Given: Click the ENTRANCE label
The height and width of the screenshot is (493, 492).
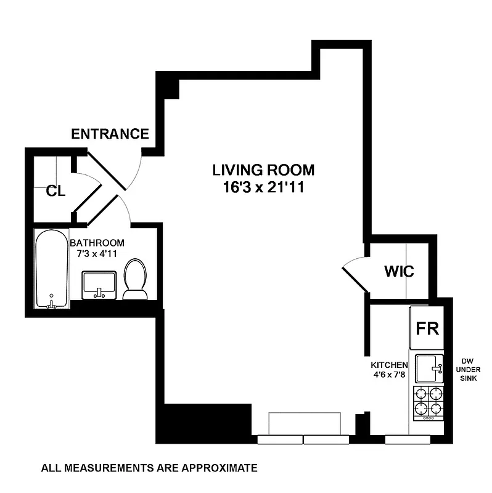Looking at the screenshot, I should (x=110, y=134).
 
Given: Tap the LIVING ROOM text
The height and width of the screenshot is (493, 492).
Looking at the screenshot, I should (x=263, y=170).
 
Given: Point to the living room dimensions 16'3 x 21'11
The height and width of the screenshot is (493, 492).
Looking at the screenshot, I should (x=263, y=187).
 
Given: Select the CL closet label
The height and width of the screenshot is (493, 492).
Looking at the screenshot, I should (x=55, y=191).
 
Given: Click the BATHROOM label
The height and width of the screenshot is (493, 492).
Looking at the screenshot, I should (x=97, y=243).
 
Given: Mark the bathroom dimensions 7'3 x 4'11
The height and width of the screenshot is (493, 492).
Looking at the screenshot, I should (x=97, y=253).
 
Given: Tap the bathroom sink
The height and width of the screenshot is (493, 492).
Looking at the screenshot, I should (x=99, y=285).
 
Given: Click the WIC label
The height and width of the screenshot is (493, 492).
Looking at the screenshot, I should (x=399, y=271).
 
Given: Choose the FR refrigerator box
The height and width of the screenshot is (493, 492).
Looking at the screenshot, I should (x=427, y=328).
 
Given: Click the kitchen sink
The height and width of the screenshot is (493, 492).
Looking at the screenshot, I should (x=430, y=369).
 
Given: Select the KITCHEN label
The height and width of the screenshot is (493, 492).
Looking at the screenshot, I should (x=388, y=365).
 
